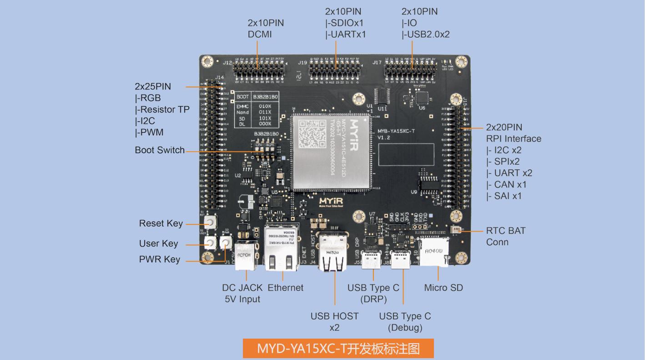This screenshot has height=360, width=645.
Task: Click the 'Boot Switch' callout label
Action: coord(160,150)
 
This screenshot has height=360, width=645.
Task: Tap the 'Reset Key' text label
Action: coord(161,223)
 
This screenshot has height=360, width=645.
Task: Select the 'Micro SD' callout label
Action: coord(443,288)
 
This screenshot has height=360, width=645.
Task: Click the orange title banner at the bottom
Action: coord(338,349)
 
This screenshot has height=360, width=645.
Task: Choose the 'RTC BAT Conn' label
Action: coord(505,236)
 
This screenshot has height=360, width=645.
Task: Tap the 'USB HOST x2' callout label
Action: coord(334,321)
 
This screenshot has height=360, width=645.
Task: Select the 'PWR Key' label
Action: coord(159,259)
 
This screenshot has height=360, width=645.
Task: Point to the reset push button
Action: coord(210,223)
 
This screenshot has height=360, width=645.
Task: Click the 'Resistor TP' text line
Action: coord(162,109)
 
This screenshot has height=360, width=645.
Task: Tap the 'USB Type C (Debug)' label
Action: coord(405,321)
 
